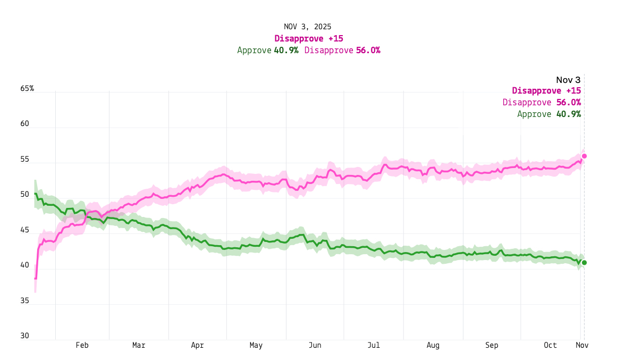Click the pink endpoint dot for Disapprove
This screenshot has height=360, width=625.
584,156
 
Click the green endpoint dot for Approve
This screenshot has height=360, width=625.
584,263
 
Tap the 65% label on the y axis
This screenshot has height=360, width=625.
27,88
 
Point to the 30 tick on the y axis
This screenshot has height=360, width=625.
25,336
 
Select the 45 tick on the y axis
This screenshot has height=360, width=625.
25,230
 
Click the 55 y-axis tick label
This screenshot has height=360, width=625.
25,160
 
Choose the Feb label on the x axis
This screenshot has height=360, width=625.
82,346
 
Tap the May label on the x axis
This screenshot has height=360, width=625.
256,346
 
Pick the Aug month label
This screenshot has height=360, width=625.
433,346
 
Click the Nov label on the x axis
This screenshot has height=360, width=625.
582,346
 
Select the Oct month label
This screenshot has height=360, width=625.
551,346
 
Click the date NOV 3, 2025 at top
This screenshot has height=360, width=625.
308,27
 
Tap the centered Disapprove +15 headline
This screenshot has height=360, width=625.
309,38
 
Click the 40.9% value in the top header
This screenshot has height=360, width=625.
286,51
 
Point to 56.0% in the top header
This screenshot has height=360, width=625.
368,51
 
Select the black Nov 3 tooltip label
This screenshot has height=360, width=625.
568,80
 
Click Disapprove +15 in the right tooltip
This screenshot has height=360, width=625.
546,91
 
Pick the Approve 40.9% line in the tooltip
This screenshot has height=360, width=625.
548,114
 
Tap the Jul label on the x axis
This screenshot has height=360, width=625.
374,346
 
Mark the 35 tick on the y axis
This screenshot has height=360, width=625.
25,301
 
